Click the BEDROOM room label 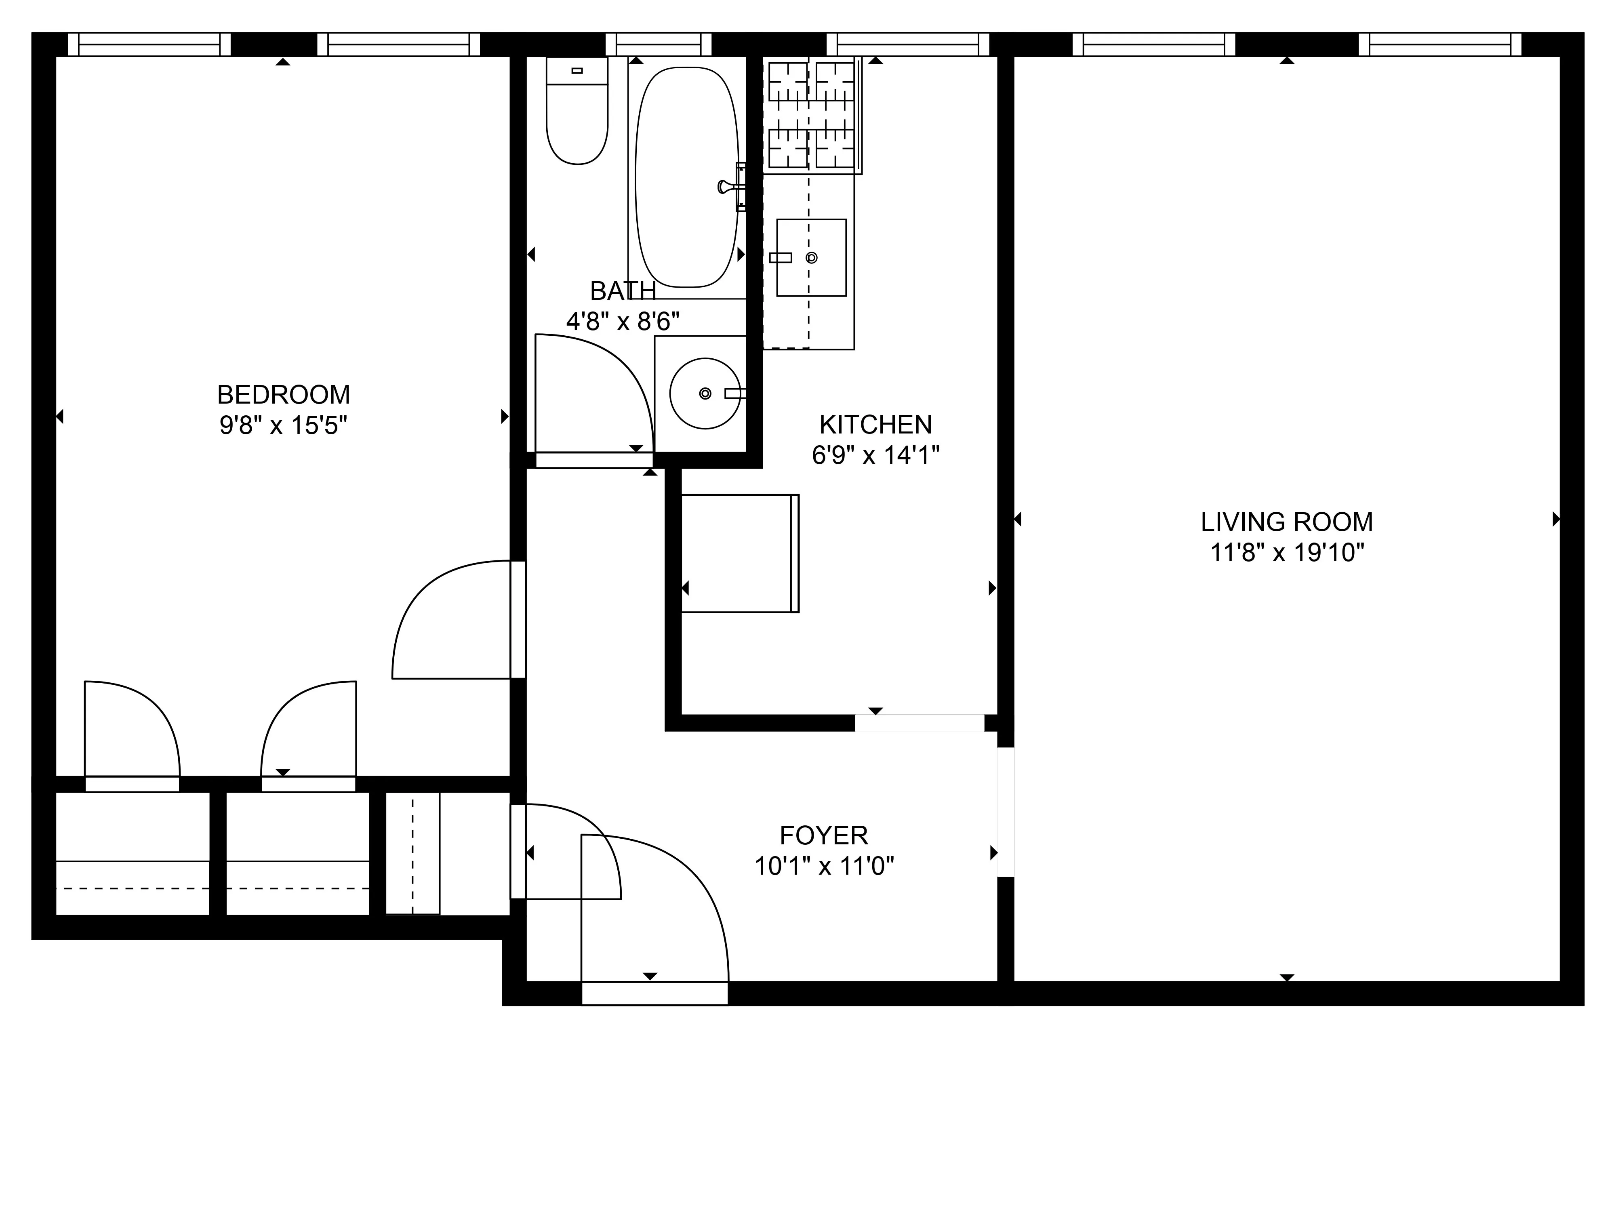click(x=284, y=394)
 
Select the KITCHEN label click(x=875, y=425)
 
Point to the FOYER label click(x=823, y=835)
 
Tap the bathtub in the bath click(x=687, y=177)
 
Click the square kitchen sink click(x=811, y=257)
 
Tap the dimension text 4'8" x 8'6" click(x=623, y=321)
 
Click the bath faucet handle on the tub click(x=727, y=187)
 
